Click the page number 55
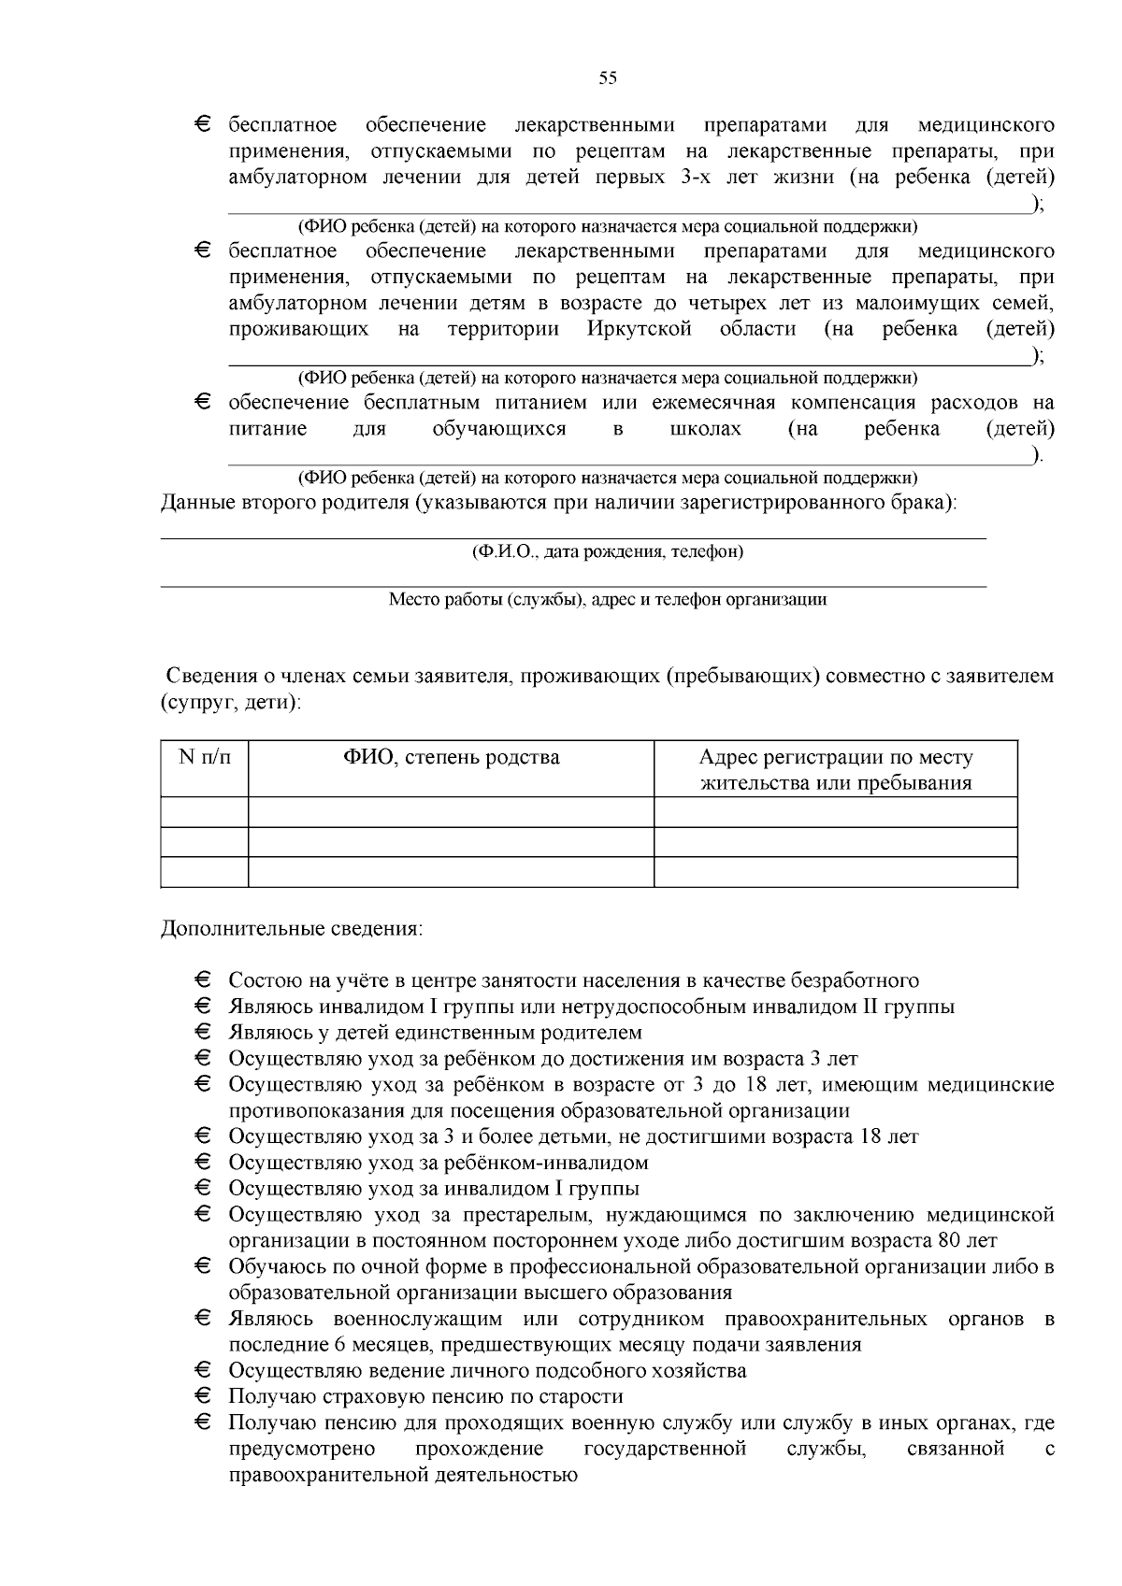coord(608,79)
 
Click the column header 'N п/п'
coord(204,757)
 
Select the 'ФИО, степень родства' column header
coord(451,757)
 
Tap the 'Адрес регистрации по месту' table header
coord(835,758)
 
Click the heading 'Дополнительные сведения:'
coord(292,929)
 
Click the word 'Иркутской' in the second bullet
coord(640,329)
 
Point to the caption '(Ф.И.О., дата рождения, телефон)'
coord(608,551)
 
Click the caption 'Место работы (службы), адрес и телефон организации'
coord(608,600)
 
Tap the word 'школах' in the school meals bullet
coord(706,429)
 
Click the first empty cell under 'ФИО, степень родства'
coord(451,812)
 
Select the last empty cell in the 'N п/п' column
coord(204,872)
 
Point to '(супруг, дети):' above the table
coord(231,701)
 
